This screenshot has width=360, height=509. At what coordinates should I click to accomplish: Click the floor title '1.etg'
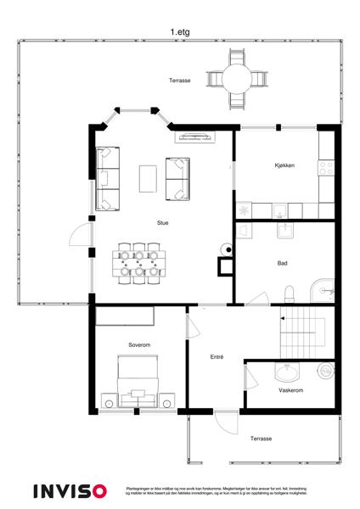click(178, 32)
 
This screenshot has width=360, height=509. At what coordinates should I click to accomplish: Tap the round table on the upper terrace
click(236, 78)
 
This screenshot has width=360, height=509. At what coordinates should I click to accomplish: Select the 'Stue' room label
click(162, 223)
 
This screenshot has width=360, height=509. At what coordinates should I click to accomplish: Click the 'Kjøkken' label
click(284, 165)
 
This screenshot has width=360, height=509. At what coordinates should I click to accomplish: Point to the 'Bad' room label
click(282, 263)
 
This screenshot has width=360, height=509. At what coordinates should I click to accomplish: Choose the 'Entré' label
click(217, 357)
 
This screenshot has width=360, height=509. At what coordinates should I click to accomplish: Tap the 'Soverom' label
click(139, 345)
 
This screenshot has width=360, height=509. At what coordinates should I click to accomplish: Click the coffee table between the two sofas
click(148, 178)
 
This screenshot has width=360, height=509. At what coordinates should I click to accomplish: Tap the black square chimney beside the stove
click(226, 266)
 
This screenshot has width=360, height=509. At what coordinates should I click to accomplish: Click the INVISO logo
click(70, 491)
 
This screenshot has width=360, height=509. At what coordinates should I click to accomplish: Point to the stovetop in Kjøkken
click(326, 166)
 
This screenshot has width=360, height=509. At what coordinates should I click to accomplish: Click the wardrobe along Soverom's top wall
click(124, 316)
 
